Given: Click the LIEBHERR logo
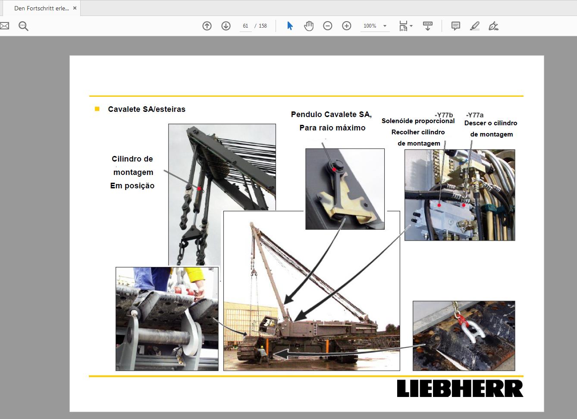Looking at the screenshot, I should click(460, 388).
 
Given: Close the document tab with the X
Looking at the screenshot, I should click(75, 8).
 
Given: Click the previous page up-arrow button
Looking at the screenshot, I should click(207, 26).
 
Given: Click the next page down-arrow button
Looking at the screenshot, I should click(226, 26).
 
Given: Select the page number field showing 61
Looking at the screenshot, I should click(245, 26).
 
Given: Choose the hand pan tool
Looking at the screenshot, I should click(309, 26).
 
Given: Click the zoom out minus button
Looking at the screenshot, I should click(328, 26).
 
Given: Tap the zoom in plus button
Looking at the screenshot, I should click(347, 26).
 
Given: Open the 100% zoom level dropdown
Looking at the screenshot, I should click(385, 26).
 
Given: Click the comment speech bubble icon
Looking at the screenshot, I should click(455, 26).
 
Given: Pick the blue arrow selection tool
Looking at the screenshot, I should click(290, 26).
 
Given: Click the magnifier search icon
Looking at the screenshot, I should click(23, 26).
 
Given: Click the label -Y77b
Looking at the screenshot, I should click(444, 115).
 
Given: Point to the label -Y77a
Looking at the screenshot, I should click(474, 115).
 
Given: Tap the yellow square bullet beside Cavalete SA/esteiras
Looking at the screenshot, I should click(97, 109).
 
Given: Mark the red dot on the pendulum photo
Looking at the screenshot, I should click(334, 170).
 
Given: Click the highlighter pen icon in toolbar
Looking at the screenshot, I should click(475, 26).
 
